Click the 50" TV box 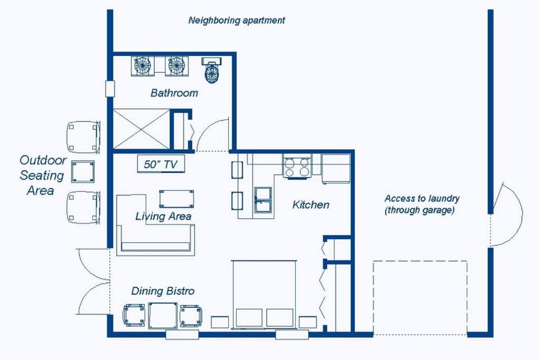coord(161,164)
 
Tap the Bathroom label coord(174,93)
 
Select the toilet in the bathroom coord(211,70)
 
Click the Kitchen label coord(311,205)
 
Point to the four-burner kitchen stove coord(297,167)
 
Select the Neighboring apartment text coord(237,21)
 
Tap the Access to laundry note coord(422,204)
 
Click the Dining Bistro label coord(162,291)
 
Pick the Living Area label coord(163,216)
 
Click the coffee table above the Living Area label coord(176,199)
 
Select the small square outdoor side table coord(83,171)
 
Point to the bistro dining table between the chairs coord(163,316)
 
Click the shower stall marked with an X coord(141,129)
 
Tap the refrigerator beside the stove coord(336,168)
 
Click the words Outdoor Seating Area coord(43,175)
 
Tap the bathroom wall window coord(110,89)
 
